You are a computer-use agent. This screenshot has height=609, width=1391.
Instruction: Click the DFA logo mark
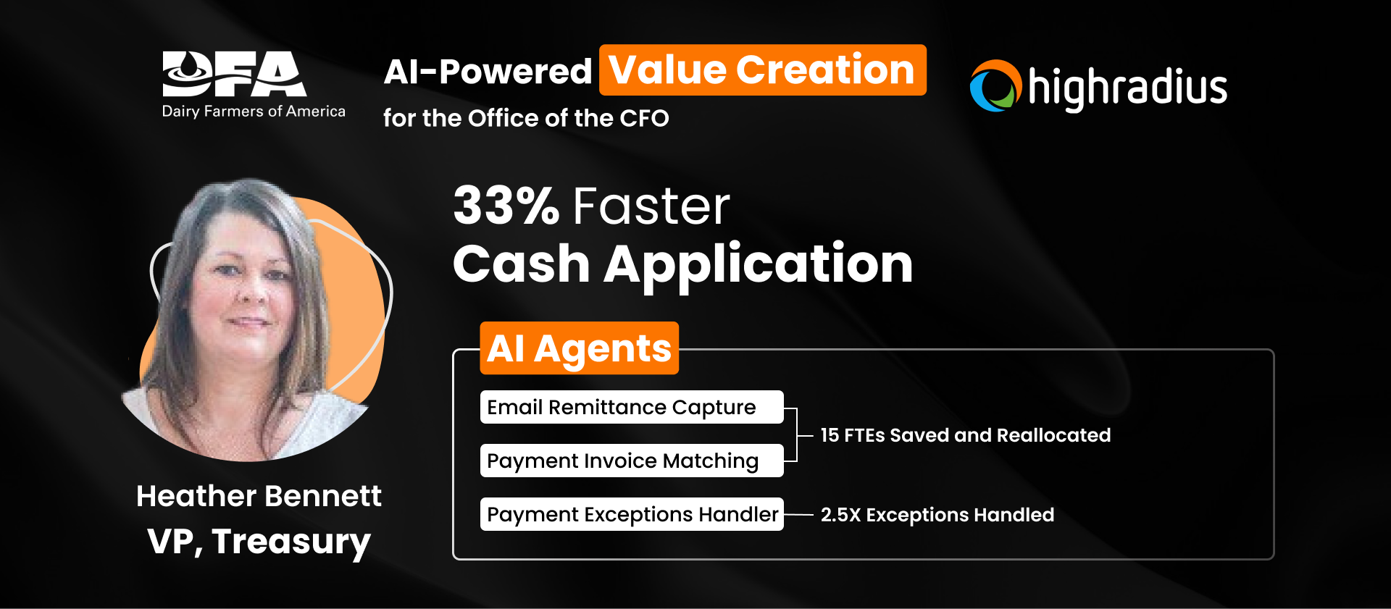pos(234,74)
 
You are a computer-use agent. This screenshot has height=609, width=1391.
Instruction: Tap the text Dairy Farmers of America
pos(254,112)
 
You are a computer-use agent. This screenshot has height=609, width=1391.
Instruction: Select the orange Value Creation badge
pos(762,70)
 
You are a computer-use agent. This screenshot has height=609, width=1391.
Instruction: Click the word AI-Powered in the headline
pos(488,72)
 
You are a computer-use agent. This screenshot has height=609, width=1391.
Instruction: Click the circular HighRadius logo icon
pos(995,86)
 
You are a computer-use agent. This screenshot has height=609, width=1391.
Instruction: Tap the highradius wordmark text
pos(1127,88)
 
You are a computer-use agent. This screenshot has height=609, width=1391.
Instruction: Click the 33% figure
pos(506,206)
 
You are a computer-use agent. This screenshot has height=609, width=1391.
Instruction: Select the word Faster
pos(651,206)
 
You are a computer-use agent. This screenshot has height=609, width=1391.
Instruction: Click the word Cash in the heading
pos(521,264)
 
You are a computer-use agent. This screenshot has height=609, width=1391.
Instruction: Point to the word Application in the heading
pos(758,264)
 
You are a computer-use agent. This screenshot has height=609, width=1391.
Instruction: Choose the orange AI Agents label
pos(579,348)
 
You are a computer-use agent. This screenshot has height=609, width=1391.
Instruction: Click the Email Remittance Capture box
pos(631,407)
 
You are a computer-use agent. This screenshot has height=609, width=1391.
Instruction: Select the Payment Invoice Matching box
pos(631,461)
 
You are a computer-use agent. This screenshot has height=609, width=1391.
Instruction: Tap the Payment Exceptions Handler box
pos(631,514)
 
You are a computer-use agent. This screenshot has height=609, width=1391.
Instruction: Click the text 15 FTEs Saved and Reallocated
pos(965,435)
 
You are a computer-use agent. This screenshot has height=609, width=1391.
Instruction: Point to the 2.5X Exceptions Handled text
pos(937,515)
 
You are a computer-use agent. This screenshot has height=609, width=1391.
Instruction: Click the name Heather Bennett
pos(259,496)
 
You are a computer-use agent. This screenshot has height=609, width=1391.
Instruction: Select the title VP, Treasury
pos(259,541)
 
